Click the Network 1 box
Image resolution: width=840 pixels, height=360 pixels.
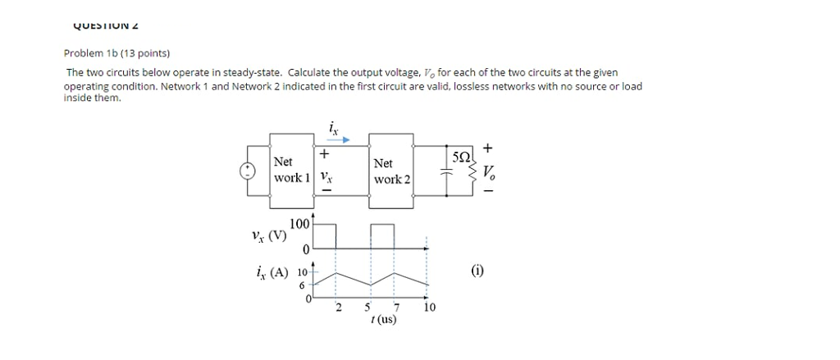pyautogui.click(x=292, y=169)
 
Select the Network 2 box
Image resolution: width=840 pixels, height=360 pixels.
pyautogui.click(x=390, y=170)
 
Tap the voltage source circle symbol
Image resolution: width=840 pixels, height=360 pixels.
pyautogui.click(x=246, y=170)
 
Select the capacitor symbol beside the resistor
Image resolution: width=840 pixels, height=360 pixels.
pyautogui.click(x=447, y=171)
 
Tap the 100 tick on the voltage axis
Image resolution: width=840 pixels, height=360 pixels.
pyautogui.click(x=299, y=223)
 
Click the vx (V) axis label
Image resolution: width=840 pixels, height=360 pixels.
pyautogui.click(x=269, y=235)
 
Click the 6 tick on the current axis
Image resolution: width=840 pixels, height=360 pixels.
pyautogui.click(x=303, y=285)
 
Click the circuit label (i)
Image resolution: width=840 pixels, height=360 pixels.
pyautogui.click(x=477, y=270)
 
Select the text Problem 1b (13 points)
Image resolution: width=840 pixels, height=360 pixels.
pyautogui.click(x=116, y=53)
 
